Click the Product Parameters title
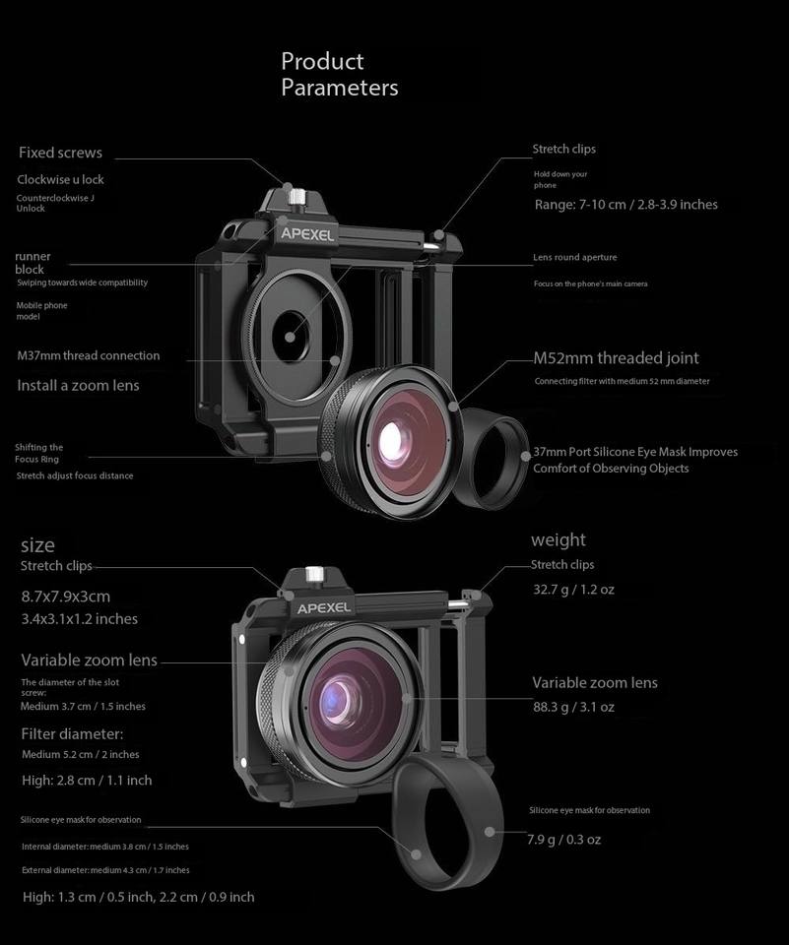pos(339,75)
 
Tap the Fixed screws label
pos(60,153)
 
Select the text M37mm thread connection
pos(88,355)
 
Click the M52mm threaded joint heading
pos(616,358)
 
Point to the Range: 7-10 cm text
pos(625,205)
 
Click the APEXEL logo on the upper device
pos(307,234)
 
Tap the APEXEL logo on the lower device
pos(324,608)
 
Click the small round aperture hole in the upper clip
pos(292,336)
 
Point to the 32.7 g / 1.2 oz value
pos(573,590)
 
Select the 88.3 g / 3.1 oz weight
pos(573,707)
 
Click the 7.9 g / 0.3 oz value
pos(563,840)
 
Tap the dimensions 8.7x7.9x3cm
pos(66,597)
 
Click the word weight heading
pos(558,539)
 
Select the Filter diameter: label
pos(72,733)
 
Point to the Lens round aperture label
pos(575,257)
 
